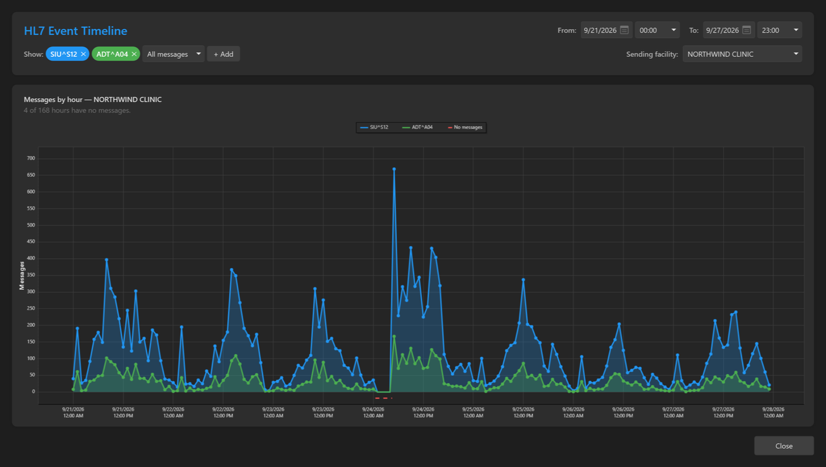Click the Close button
pyautogui.click(x=783, y=446)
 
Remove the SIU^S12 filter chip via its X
pyautogui.click(x=83, y=54)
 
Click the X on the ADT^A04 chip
pyautogui.click(x=134, y=54)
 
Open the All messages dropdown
pyautogui.click(x=174, y=54)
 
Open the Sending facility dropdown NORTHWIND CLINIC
pyautogui.click(x=742, y=54)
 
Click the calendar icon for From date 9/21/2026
pyautogui.click(x=624, y=30)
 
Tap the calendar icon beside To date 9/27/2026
pyautogui.click(x=747, y=30)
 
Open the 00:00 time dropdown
pyautogui.click(x=657, y=30)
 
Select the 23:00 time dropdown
pyautogui.click(x=780, y=30)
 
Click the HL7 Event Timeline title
pyautogui.click(x=76, y=30)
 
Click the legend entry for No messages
pyautogui.click(x=465, y=127)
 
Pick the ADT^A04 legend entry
pyautogui.click(x=417, y=127)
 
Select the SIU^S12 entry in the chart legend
pyautogui.click(x=374, y=127)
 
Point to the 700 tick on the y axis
pyautogui.click(x=31, y=158)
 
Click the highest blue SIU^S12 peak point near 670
pyautogui.click(x=394, y=169)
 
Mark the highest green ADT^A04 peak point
pyautogui.click(x=394, y=337)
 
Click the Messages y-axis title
pyautogui.click(x=22, y=276)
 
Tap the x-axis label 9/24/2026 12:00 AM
pyautogui.click(x=373, y=412)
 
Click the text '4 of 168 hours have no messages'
pyautogui.click(x=77, y=110)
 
